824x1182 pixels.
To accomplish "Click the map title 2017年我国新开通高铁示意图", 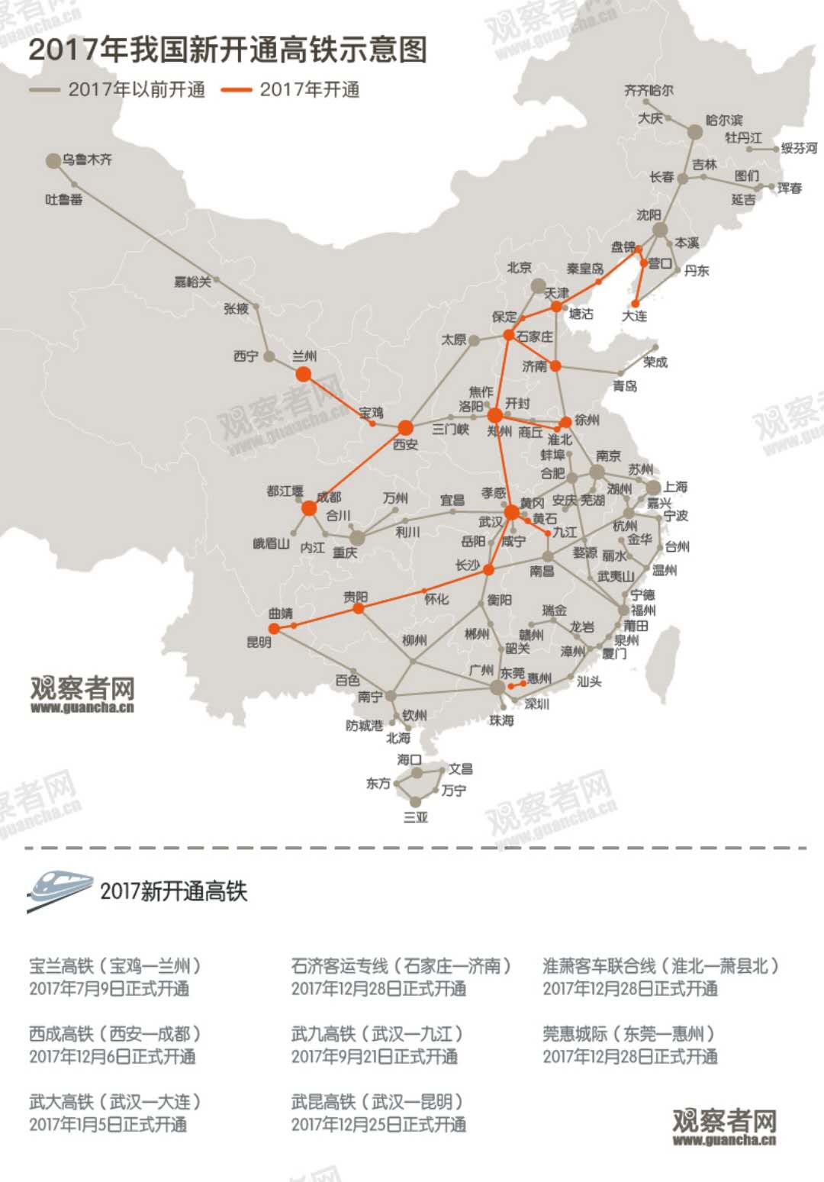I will tap(227, 50).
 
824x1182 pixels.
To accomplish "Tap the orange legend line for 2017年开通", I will tap(236, 90).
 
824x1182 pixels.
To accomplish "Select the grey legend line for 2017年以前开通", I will tap(44, 90).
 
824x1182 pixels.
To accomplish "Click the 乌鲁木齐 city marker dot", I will tap(53, 161).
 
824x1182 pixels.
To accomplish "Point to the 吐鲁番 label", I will tap(64, 199).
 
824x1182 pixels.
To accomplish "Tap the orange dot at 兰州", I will tap(304, 374).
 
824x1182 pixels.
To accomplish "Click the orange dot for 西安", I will tap(405, 427).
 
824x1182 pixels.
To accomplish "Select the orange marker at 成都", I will tap(309, 508).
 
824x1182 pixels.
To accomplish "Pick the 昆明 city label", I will tap(259, 642).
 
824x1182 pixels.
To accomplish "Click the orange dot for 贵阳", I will tap(358, 608).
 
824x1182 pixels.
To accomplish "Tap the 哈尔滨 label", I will tap(724, 120).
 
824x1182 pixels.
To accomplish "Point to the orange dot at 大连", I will tap(636, 304).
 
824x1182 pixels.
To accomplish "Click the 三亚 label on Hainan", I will tap(416, 817).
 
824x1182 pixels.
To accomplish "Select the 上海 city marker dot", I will tap(653, 488).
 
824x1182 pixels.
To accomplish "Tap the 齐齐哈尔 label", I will tap(649, 90).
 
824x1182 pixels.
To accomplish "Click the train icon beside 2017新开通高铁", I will tap(60, 890).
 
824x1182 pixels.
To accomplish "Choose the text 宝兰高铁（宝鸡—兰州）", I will tap(115, 965).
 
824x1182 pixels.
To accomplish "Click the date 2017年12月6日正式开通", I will tap(112, 1056).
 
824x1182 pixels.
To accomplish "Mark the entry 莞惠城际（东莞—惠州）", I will tap(629, 1033).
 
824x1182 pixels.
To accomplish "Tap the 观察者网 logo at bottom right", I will tap(724, 1126).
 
